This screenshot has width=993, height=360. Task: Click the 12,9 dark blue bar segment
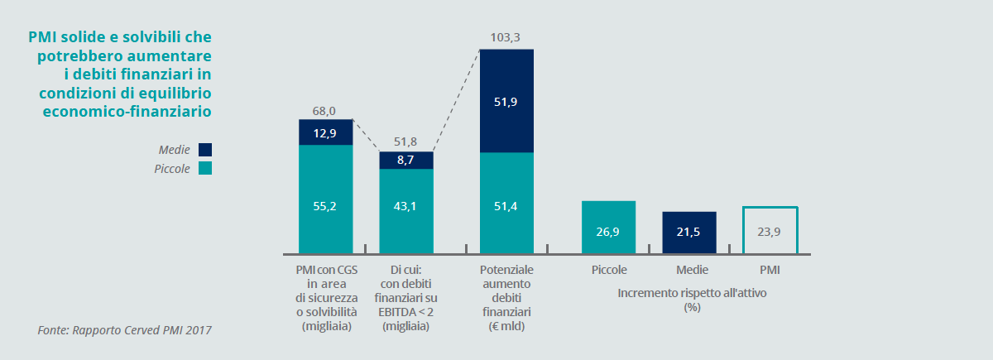pos(326,132)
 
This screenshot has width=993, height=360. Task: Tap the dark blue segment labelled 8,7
pos(406,161)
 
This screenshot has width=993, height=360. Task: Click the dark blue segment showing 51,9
pos(506,101)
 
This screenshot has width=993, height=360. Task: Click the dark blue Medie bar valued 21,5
pos(688,233)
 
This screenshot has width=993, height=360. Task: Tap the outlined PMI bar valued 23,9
pos(770,231)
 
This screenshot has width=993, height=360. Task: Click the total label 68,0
pos(324,110)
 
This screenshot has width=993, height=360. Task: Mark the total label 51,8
pos(405,142)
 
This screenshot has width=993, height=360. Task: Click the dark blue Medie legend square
pos(205,150)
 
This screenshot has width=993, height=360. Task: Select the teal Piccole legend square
pos(205,168)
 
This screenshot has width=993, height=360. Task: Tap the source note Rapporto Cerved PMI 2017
pos(125,330)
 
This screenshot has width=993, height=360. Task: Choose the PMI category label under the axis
pos(770,271)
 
